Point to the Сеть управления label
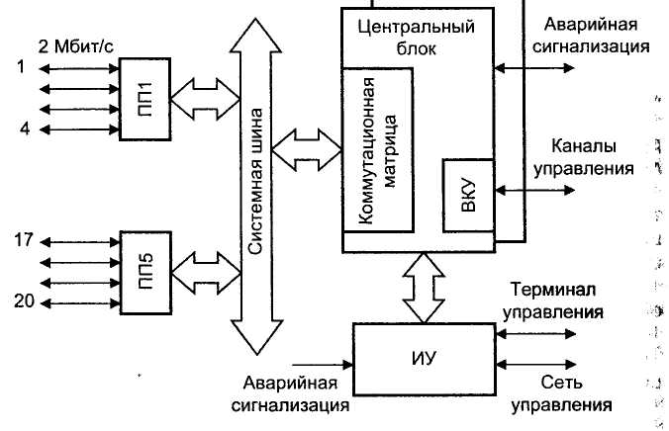click(x=561, y=393)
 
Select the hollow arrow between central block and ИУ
click(x=423, y=288)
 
